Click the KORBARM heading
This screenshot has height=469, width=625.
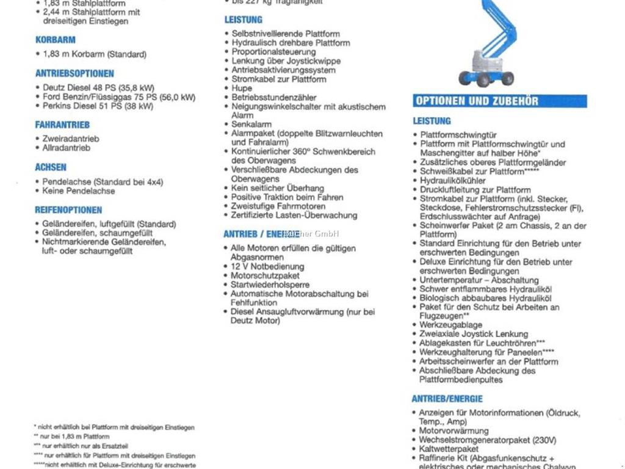coord(56,40)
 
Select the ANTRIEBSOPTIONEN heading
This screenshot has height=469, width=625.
coord(74,73)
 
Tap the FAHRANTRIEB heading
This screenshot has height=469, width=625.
coord(62,125)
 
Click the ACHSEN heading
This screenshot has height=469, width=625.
coord(51,167)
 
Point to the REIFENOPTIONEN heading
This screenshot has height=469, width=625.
coord(68,210)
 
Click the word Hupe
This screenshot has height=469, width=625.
coord(242,89)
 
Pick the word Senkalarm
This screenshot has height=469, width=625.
coord(251,125)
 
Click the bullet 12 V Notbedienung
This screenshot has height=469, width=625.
coord(267,267)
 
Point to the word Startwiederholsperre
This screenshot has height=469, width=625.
coord(270,285)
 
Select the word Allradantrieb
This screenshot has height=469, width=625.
coord(66,148)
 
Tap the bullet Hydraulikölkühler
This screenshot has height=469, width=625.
coord(453,181)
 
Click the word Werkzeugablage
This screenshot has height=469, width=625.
coord(450,325)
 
